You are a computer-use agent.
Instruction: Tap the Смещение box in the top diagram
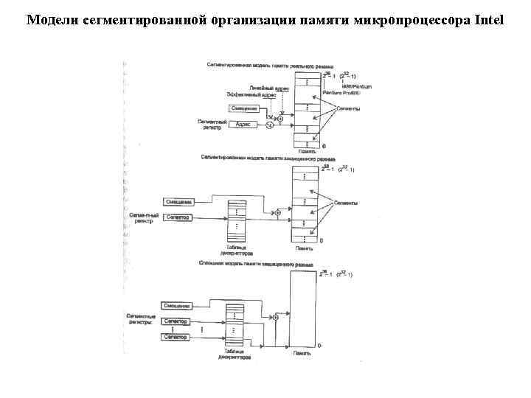[243, 109]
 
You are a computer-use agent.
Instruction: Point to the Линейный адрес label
[263, 88]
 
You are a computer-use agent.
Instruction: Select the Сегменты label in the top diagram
[348, 109]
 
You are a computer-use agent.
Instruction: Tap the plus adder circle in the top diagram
[280, 119]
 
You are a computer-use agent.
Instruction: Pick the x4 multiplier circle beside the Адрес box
[269, 125]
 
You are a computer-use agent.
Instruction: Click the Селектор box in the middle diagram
[178, 217]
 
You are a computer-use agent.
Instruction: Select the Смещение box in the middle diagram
[178, 202]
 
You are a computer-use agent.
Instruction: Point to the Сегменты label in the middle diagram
[346, 202]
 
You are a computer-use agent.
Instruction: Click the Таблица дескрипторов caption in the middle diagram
[235, 251]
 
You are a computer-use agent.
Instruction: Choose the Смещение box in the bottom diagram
[177, 306]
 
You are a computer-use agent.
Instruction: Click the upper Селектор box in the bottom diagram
[177, 321]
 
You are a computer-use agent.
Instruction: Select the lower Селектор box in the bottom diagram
[177, 337]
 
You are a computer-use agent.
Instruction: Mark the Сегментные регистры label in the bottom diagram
[139, 318]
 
